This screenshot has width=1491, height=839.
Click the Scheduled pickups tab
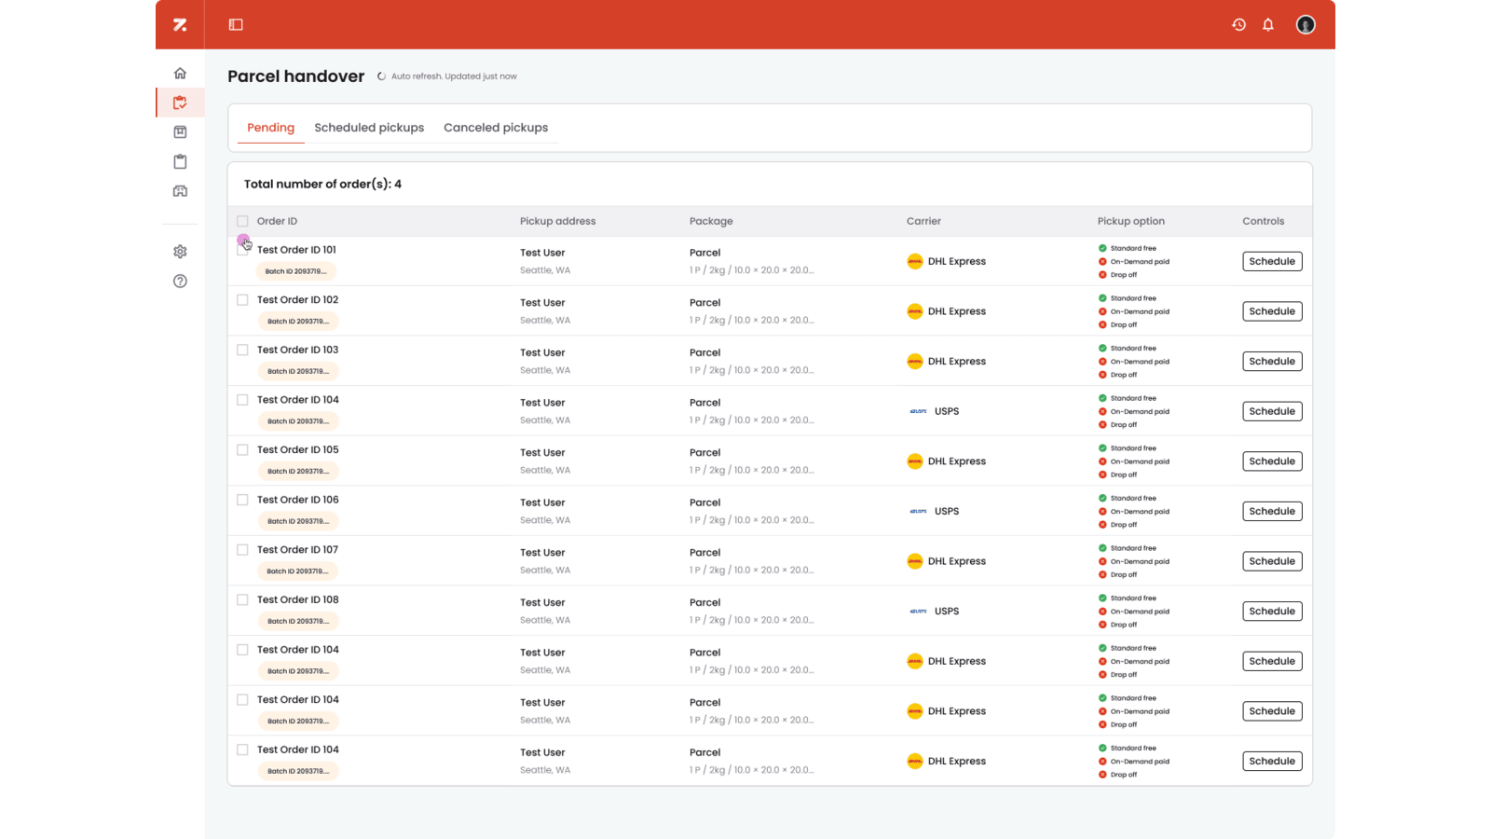369,128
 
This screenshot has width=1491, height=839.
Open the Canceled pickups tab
496,128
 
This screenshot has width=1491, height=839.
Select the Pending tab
270,128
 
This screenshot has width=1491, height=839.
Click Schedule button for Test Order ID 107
1272,561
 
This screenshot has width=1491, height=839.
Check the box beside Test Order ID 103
242,351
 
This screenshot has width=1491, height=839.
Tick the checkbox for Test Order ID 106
242,501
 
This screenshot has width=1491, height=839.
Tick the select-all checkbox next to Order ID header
242,222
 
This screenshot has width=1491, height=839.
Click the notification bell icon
1268,25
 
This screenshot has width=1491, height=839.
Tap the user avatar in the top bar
1306,25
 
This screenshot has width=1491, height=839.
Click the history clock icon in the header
1238,25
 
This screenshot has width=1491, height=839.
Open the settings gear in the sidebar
180,252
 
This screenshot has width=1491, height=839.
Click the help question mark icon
180,282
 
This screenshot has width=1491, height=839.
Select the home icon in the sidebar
180,74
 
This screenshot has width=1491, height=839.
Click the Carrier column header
923,222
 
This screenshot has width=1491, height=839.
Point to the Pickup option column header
1130,222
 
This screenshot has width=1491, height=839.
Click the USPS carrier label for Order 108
946,612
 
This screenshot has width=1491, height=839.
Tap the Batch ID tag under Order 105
297,472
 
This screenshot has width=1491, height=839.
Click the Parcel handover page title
295,76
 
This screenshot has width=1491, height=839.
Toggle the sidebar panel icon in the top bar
236,25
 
